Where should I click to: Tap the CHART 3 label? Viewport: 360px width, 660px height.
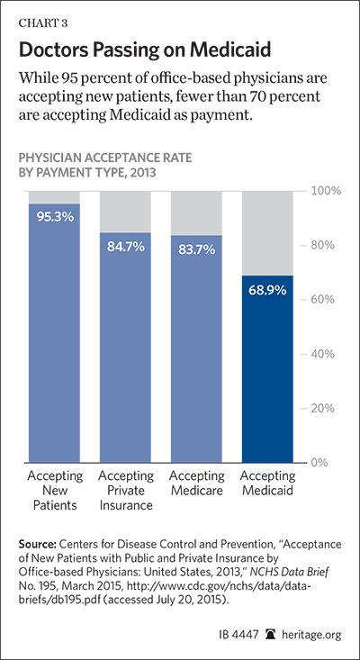(x=42, y=23)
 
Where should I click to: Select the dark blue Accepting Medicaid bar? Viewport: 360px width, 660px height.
(x=267, y=369)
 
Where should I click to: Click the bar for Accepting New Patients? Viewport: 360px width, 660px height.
(x=54, y=333)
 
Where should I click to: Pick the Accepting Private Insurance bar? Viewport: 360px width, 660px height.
(x=125, y=348)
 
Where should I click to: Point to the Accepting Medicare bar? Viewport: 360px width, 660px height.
(x=196, y=349)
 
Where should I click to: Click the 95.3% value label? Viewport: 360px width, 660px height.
(x=55, y=218)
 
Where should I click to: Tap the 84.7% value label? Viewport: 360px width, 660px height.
(x=125, y=247)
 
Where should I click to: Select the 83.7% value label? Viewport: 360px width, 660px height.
(x=196, y=249)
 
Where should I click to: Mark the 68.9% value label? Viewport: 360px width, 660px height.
(x=267, y=290)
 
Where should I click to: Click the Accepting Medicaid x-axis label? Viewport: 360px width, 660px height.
(x=267, y=484)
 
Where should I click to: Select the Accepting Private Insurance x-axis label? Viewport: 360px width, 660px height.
(x=126, y=491)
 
